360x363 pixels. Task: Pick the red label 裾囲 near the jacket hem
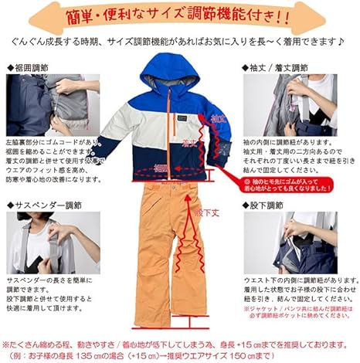click(160, 168)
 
